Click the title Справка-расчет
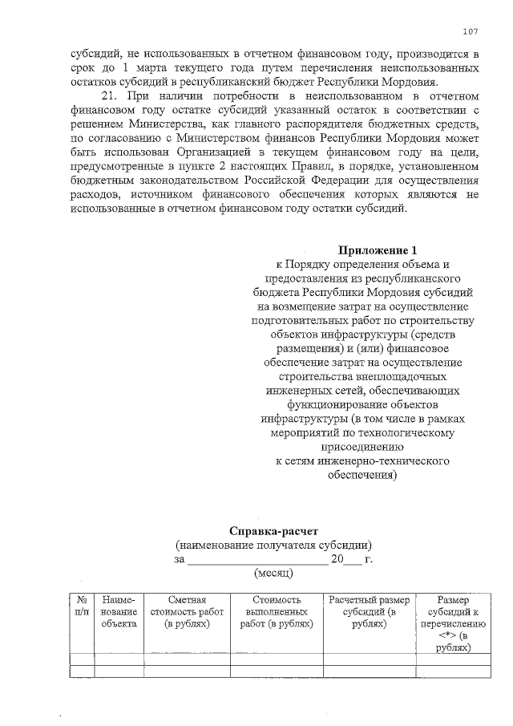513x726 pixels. pos(273,530)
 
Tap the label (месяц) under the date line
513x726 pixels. pos(273,573)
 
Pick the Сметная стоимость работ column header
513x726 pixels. pos(187,611)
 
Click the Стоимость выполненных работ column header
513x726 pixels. pos(277,611)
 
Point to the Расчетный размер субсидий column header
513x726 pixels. pos(369,611)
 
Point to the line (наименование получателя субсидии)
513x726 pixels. pos(273,545)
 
